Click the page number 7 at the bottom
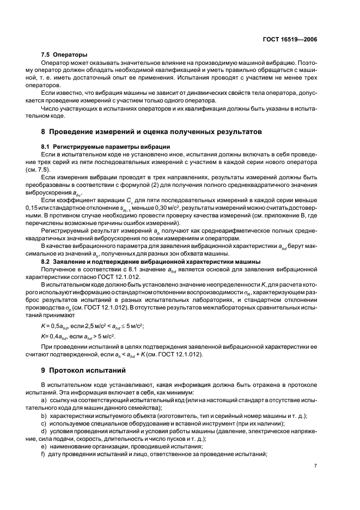tap(315, 466)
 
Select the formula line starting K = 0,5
tap(96, 326)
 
